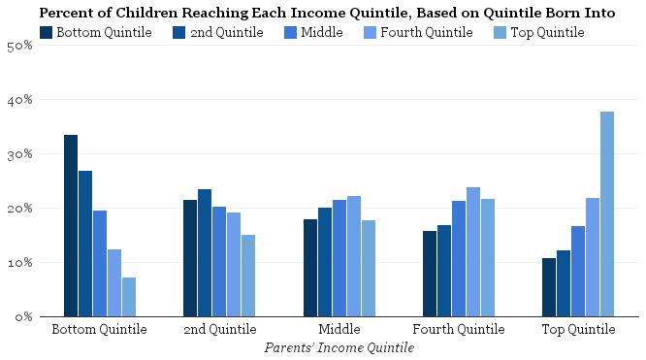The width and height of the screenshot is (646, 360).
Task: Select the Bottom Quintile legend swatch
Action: tap(47, 33)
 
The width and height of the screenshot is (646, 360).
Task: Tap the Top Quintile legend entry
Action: tap(537, 33)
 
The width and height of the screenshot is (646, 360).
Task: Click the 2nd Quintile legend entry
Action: tap(218, 33)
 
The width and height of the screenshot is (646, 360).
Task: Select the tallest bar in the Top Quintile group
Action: tap(607, 213)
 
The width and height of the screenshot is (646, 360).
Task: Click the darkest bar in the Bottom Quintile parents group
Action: tap(71, 225)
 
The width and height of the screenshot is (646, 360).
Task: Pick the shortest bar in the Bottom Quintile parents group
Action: tap(129, 297)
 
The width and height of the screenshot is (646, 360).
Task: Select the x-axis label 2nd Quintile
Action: tap(219, 330)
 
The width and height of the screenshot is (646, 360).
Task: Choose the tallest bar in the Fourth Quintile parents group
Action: tap(473, 251)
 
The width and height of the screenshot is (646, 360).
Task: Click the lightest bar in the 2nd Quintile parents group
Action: tap(248, 276)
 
